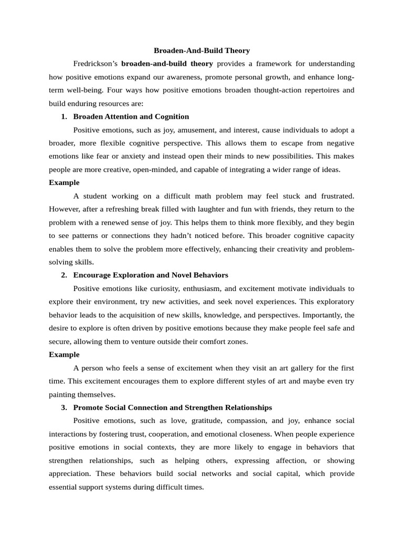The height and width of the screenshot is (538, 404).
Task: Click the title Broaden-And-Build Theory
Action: point(201,51)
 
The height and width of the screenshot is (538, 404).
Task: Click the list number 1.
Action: point(64,117)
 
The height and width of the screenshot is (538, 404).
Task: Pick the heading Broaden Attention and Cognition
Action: point(131,117)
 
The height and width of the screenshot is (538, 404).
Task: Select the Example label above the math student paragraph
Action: point(64,183)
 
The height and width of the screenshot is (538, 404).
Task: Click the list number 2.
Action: point(64,275)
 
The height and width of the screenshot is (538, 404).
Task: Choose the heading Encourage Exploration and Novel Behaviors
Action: point(150,275)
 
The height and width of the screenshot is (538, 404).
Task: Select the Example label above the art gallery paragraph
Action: point(64,355)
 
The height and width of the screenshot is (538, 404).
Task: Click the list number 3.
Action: point(64,407)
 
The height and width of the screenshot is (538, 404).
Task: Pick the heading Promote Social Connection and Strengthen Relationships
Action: point(173,407)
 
